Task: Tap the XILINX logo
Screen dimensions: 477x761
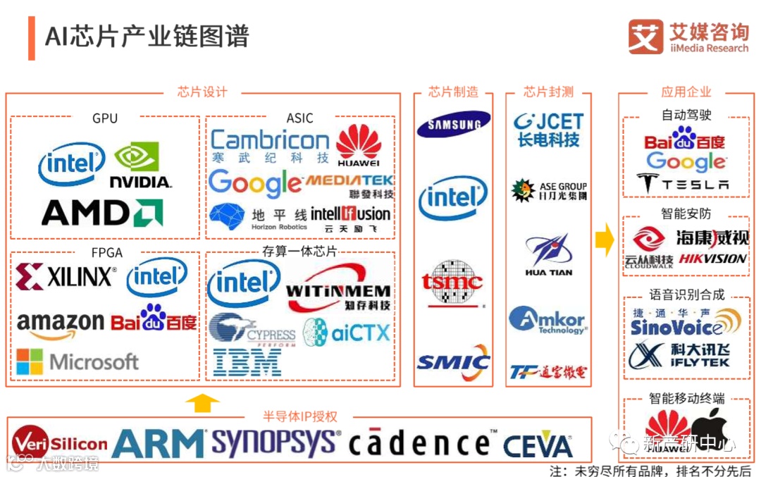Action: point(66,277)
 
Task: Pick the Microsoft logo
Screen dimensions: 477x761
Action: point(78,362)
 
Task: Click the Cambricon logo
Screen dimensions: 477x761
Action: point(270,146)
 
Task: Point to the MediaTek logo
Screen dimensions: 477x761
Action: point(349,186)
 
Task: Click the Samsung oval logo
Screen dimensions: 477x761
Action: point(453,125)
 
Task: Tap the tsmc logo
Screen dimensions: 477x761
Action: point(452,284)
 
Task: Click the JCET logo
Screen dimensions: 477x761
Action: point(548,130)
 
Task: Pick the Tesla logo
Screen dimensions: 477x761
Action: point(683,185)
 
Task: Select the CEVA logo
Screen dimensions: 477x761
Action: point(538,446)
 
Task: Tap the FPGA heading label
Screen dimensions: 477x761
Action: point(105,252)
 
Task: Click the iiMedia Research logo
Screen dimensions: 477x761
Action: point(688,37)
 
